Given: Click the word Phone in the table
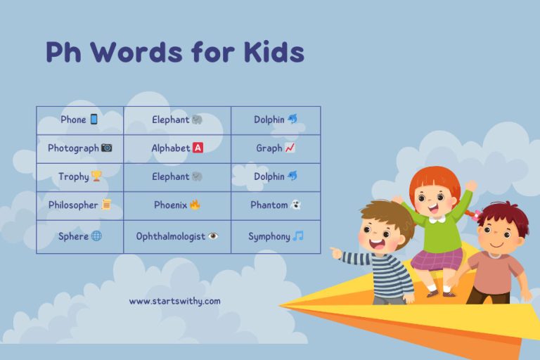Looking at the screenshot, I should pyautogui.click(x=73, y=120).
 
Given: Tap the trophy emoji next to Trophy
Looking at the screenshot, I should pyautogui.click(x=96, y=177).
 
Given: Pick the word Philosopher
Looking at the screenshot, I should pyautogui.click(x=73, y=205).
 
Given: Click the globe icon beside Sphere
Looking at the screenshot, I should pyautogui.click(x=96, y=236).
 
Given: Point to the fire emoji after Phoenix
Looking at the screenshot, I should pyautogui.click(x=195, y=205).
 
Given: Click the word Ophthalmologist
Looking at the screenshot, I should pyautogui.click(x=171, y=236).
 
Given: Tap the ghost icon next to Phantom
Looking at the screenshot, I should pyautogui.click(x=296, y=205).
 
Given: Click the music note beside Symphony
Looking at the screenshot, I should pyautogui.click(x=298, y=236).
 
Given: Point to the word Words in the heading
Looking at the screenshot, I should pyautogui.click(x=132, y=53).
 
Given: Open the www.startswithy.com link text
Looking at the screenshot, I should pyautogui.click(x=174, y=301).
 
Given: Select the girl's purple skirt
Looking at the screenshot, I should pyautogui.click(x=437, y=258).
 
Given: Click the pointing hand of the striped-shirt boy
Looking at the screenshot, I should pyautogui.click(x=336, y=252).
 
